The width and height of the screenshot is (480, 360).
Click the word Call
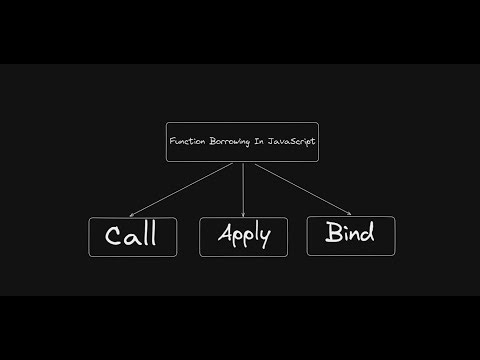[130, 237]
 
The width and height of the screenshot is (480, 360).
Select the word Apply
[243, 238]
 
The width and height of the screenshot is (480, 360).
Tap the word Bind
[350, 234]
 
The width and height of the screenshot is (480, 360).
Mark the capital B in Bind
[333, 234]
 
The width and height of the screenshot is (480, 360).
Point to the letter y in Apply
[265, 240]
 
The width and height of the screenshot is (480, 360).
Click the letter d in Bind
[367, 233]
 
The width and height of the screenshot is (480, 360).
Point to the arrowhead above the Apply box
[243, 211]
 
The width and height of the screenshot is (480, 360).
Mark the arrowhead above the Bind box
[348, 212]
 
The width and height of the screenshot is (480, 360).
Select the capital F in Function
[171, 143]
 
